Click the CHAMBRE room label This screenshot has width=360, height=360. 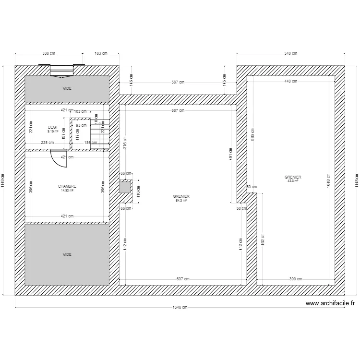click(x=67, y=186)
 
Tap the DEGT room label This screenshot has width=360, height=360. click(x=53, y=127)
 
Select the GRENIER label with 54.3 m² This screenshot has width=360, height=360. click(x=181, y=196)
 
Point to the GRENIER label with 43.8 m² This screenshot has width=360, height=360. click(x=293, y=177)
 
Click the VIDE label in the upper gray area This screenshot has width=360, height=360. click(x=66, y=89)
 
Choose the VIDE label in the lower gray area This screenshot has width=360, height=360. click(x=67, y=254)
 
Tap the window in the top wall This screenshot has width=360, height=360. click(x=62, y=71)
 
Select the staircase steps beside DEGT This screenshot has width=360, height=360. click(x=101, y=132)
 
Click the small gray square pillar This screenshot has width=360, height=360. click(x=125, y=186)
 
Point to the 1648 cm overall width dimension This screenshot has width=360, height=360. click(x=180, y=308)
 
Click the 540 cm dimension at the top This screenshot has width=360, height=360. click(x=291, y=53)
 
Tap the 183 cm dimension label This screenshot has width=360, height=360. click(x=101, y=53)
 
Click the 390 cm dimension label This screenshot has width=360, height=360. click(x=296, y=278)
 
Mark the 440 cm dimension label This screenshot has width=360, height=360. click(x=291, y=81)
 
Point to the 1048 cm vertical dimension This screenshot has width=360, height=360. click(x=328, y=180)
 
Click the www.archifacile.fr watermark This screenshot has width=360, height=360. click(x=330, y=303)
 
